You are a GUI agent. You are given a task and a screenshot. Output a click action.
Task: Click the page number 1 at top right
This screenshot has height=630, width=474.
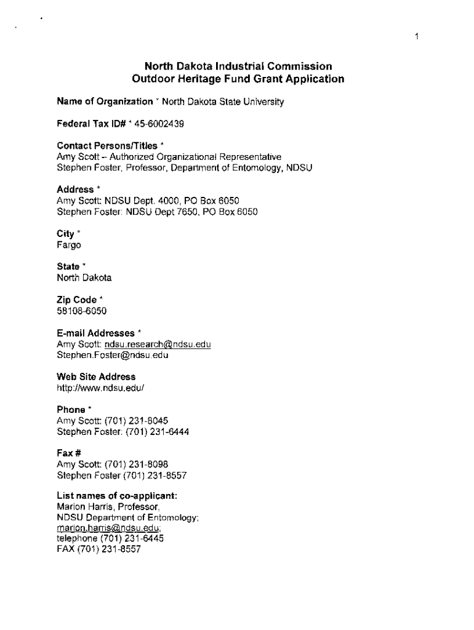coord(417,37)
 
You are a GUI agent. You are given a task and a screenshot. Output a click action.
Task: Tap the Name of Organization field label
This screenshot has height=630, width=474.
coord(105,102)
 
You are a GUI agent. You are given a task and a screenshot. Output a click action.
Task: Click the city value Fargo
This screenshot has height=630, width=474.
coord(69,245)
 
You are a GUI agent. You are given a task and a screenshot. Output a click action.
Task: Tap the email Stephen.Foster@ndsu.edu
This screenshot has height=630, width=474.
coord(113,355)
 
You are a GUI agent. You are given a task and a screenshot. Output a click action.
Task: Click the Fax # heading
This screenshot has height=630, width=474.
coord(70,454)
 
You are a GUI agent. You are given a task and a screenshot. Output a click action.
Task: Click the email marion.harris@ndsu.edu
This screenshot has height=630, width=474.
coord(109,528)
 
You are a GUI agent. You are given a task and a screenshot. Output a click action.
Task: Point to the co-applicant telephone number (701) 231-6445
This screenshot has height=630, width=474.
coord(127,539)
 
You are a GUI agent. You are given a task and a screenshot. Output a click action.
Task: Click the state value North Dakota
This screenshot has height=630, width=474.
coord(84,277)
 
